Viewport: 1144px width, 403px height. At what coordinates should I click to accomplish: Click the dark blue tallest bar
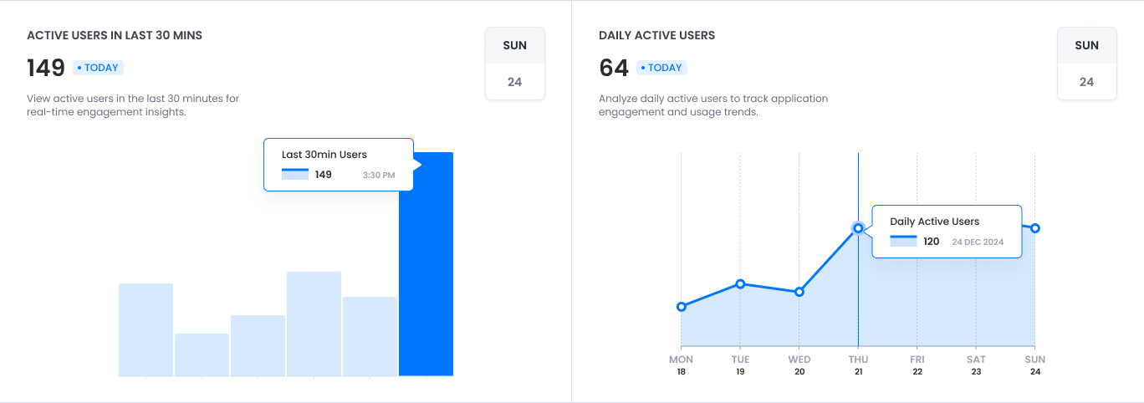coord(426,276)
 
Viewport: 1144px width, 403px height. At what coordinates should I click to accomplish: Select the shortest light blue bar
coord(202,355)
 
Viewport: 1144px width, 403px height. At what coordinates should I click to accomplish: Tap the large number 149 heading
coord(46,68)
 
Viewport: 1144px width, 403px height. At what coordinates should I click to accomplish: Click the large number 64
coord(614,68)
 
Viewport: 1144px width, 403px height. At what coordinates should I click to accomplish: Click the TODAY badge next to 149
coord(99,68)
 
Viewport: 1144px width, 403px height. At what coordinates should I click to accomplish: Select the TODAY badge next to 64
coord(662,68)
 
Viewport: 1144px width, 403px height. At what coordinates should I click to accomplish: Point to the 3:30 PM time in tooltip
coord(379,175)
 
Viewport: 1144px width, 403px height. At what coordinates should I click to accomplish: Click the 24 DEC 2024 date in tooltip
coord(978,242)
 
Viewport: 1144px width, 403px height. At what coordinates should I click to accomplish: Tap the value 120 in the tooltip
coord(931,242)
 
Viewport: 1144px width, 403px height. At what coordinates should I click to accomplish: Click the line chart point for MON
coord(682,307)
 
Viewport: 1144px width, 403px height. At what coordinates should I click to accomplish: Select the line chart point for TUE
coord(740,283)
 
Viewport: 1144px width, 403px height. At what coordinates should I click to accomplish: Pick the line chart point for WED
coord(799,292)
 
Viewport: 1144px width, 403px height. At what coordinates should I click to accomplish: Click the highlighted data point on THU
coord(858,227)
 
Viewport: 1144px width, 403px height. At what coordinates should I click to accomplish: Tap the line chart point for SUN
coord(1035,228)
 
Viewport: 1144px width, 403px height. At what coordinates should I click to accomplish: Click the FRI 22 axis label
coord(917,365)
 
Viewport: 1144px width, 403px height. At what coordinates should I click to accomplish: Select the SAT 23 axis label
coord(976,365)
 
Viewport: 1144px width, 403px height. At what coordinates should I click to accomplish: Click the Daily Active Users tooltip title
coord(934,222)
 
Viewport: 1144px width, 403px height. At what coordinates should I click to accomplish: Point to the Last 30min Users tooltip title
coord(324,155)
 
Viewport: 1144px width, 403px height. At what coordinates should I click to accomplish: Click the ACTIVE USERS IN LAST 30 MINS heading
coord(115,36)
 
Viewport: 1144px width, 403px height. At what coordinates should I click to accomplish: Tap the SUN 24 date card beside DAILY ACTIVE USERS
coord(1086,64)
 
